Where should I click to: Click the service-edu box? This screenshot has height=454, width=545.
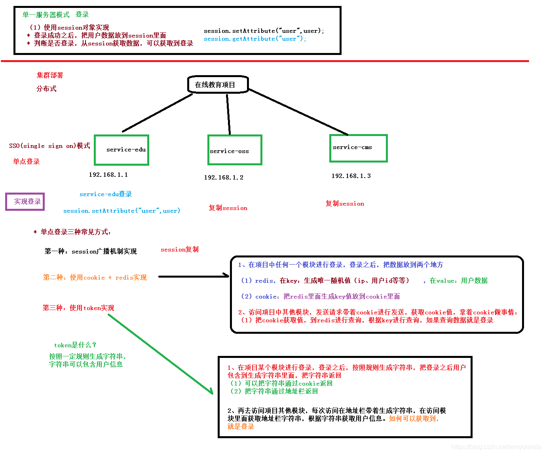pos(122,150)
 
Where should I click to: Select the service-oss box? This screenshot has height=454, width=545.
pos(235,150)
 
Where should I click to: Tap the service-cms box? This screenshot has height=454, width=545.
pos(358,148)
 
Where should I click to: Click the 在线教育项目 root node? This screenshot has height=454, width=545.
pos(218,85)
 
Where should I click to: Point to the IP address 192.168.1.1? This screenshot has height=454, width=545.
pos(108,174)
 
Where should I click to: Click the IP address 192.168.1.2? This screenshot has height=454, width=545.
pos(224,177)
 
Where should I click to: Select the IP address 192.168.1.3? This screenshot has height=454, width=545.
pos(351,176)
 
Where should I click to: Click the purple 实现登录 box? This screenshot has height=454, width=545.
pos(25,202)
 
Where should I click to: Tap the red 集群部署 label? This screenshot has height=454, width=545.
pos(50,75)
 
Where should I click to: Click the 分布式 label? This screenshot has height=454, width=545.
pos(46,89)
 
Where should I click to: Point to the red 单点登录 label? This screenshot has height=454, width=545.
pos(27,161)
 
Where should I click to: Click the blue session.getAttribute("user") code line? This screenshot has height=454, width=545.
pos(255,39)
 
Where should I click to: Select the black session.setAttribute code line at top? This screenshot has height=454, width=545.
pos(264,31)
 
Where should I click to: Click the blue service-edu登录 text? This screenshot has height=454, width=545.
pos(106,194)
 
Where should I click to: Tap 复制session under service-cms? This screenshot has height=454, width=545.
pos(345,204)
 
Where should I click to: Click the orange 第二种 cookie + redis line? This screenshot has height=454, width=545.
pos(95,278)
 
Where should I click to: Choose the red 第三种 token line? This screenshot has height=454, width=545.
pos(78,308)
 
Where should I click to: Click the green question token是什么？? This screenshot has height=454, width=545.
pos(75,345)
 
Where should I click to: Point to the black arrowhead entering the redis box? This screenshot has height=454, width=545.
pos(227,276)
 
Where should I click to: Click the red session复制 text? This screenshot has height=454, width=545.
pos(180,249)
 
